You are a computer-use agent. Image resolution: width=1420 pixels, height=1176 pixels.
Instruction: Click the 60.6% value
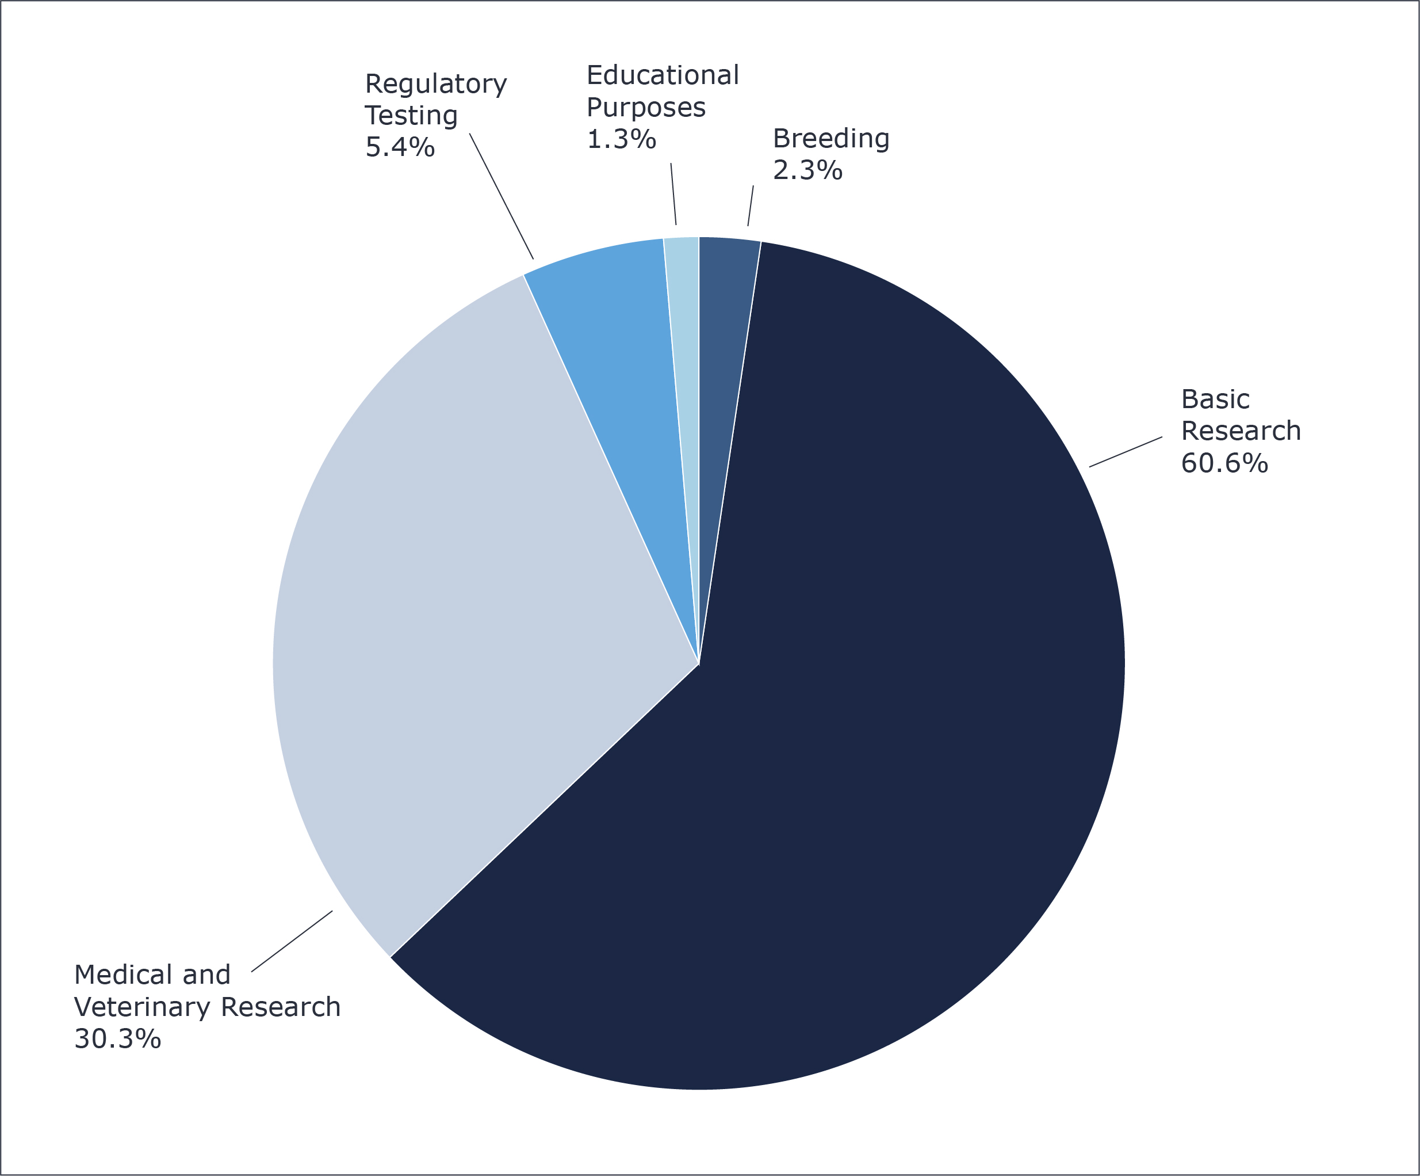[x=1224, y=463]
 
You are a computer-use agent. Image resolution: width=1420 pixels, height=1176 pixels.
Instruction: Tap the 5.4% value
[x=400, y=147]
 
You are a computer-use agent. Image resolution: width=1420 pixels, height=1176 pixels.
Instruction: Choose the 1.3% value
[x=621, y=139]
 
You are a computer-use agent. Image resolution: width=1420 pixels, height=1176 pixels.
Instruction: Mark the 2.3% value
[x=807, y=170]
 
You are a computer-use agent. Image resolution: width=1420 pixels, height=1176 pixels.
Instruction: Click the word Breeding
[x=831, y=139]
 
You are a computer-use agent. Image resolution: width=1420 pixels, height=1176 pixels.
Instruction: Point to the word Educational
[x=663, y=76]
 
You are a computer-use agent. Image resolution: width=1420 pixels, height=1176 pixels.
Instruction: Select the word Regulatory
[x=435, y=85]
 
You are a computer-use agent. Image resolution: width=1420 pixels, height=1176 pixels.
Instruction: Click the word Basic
[x=1215, y=399]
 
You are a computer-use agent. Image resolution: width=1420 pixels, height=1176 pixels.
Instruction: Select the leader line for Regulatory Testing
[x=501, y=196]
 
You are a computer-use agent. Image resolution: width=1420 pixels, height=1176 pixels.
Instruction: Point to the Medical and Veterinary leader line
[x=292, y=941]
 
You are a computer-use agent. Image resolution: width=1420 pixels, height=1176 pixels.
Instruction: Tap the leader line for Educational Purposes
[x=673, y=194]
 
